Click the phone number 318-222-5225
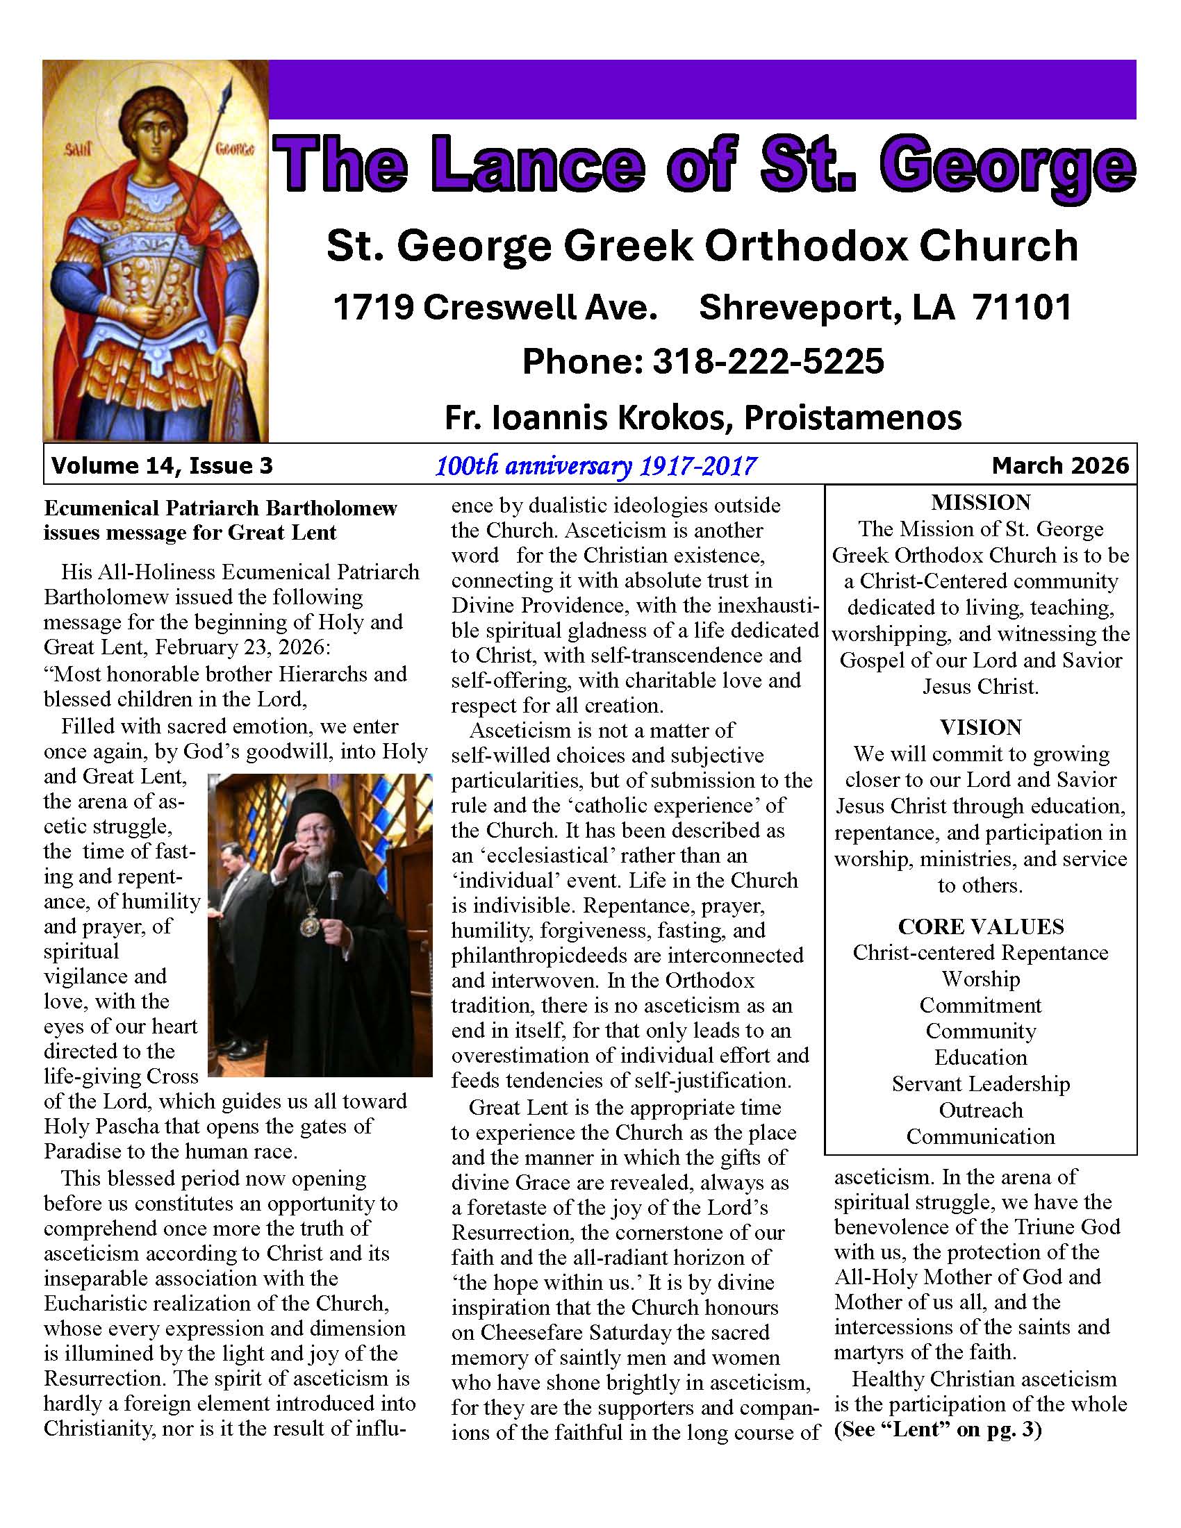click(768, 361)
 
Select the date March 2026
click(1060, 465)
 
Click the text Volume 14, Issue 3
click(162, 465)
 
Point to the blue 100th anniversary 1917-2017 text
click(595, 465)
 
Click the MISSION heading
click(980, 502)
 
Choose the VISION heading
click(980, 727)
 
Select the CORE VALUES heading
click(980, 927)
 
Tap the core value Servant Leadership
click(980, 1083)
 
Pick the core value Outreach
click(980, 1111)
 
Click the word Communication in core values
click(980, 1136)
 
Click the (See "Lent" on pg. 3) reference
click(938, 1429)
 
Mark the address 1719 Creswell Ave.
click(495, 307)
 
